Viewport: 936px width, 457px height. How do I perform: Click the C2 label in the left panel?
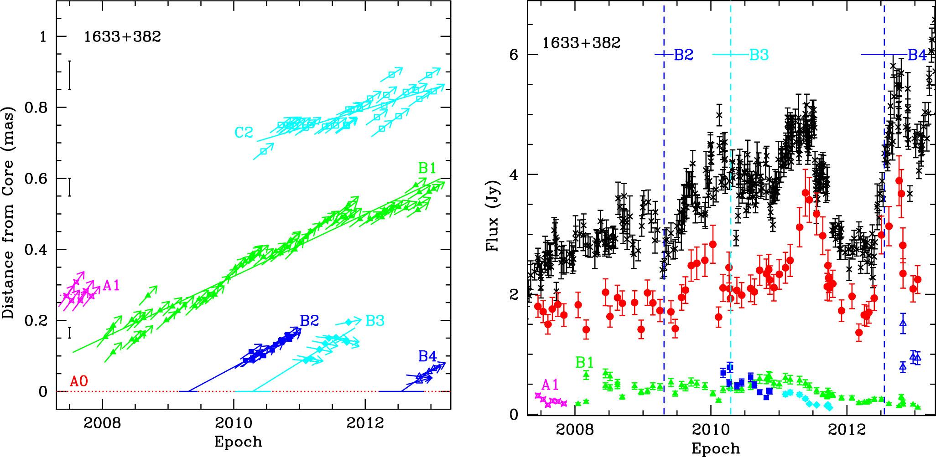244,133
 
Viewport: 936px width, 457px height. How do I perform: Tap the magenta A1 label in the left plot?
111,286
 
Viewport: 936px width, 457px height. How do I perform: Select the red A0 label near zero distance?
78,381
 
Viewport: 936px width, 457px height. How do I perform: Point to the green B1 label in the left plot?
427,169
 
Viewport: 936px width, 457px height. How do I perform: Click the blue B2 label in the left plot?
309,321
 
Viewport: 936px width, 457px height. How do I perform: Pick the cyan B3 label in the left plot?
375,321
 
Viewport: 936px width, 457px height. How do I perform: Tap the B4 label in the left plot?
427,356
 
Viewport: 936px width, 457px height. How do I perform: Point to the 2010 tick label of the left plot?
234,423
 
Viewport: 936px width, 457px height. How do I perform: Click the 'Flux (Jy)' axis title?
493,216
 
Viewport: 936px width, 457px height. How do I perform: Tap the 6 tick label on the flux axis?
514,55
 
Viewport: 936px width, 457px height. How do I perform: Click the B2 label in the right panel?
683,55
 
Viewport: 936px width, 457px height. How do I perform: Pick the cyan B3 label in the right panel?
759,55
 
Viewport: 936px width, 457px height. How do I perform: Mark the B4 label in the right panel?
917,55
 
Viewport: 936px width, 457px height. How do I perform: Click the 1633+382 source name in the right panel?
581,43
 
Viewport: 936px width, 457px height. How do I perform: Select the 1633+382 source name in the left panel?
122,37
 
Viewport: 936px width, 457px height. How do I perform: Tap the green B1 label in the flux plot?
584,363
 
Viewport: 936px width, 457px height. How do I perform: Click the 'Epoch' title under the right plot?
715,448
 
